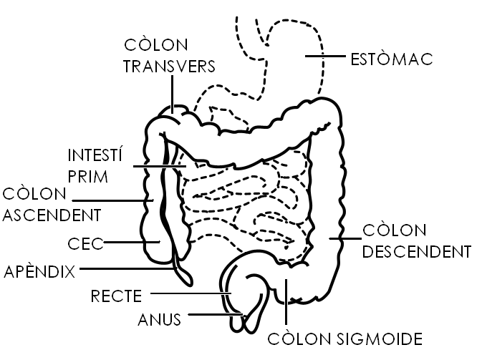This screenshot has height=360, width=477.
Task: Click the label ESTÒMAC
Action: [x=392, y=58]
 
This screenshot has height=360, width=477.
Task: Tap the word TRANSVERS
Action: [x=170, y=66]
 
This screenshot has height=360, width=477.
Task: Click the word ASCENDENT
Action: [x=51, y=214]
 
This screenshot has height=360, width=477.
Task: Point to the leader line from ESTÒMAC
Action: [x=324, y=55]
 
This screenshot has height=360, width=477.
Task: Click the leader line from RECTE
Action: [x=190, y=293]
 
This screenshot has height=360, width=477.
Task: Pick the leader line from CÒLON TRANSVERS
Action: [x=173, y=93]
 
